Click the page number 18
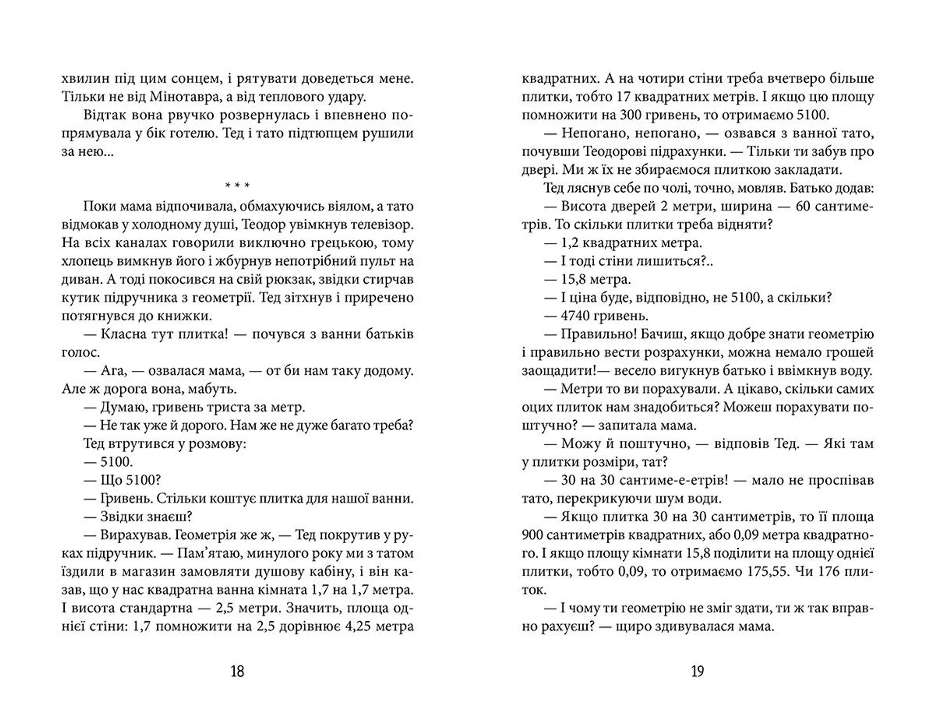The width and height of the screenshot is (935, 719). [237, 672]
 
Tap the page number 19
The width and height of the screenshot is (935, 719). [697, 672]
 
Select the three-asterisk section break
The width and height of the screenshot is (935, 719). [237, 185]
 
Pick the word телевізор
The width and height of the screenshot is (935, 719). [383, 225]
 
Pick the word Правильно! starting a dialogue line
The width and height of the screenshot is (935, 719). [592, 334]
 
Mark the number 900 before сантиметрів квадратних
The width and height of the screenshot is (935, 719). [533, 535]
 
